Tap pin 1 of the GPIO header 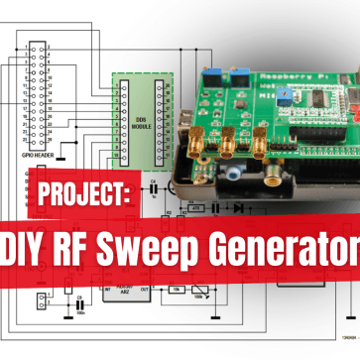pyautogui.click(x=31, y=47)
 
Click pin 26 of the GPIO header pyautogui.click(x=45, y=132)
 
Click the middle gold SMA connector pyautogui.click(x=227, y=147)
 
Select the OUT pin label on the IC pyautogui.click(x=147, y=291)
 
